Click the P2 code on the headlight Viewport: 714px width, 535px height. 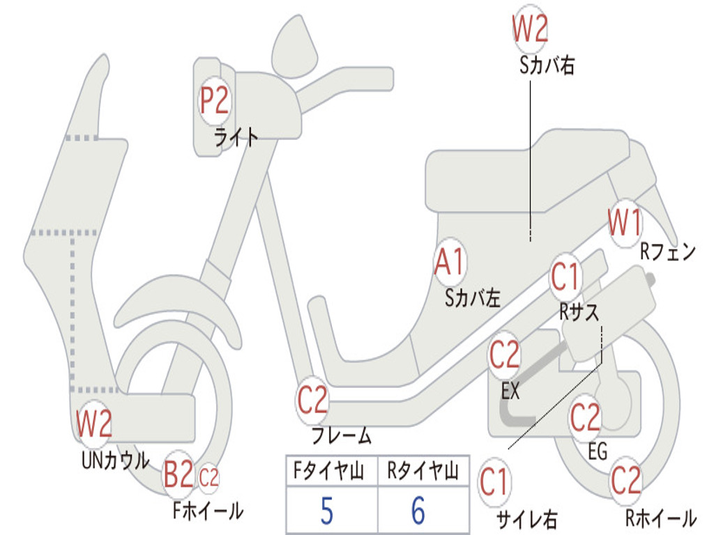tap(214, 101)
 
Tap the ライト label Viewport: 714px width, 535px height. tap(236, 137)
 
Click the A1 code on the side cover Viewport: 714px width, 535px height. tap(449, 263)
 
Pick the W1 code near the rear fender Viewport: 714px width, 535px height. tap(625, 223)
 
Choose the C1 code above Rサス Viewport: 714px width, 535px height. tap(565, 277)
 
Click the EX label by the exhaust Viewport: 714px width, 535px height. tap(510, 391)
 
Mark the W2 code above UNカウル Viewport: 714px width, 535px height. tap(94, 424)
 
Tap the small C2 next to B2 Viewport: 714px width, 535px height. tap(208, 478)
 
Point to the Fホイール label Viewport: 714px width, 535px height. tap(208, 511)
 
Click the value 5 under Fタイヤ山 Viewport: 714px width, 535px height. tap(326, 511)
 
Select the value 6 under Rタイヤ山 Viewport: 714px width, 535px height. tap(418, 511)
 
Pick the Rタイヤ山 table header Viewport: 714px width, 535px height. tap(423, 473)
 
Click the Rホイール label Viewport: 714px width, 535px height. tap(660, 518)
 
